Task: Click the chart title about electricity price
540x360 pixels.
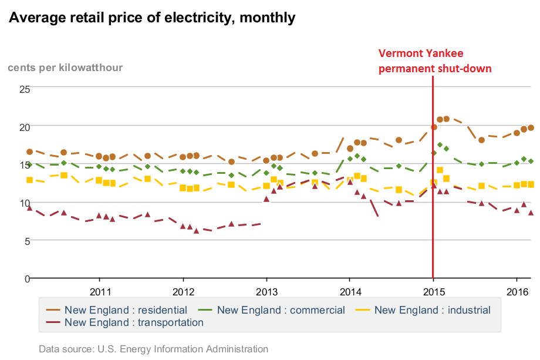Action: [x=152, y=18]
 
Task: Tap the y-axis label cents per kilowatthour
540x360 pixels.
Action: [x=65, y=68]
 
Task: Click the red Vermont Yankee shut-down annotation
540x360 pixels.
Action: [x=435, y=61]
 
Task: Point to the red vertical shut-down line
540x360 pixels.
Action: [x=433, y=176]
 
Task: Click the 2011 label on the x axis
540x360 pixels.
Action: [x=100, y=291]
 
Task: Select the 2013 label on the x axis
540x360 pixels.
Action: [x=267, y=291]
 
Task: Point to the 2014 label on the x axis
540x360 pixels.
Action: [x=350, y=291]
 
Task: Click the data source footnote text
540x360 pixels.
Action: [x=153, y=349]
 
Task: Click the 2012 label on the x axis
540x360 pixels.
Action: [x=184, y=291]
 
